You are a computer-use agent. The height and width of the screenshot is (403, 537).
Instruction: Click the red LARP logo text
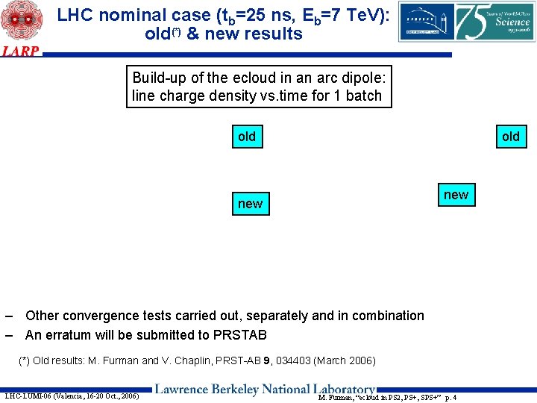tap(20, 51)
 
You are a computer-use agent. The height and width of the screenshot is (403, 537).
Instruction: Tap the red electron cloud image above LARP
tap(20, 21)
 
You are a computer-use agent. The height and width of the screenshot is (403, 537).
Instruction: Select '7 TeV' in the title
tap(357, 14)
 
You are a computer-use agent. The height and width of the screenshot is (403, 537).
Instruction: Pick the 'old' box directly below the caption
tap(246, 137)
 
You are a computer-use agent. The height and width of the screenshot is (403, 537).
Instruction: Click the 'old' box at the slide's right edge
tap(510, 137)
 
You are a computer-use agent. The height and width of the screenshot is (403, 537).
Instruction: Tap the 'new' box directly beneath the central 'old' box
tap(250, 204)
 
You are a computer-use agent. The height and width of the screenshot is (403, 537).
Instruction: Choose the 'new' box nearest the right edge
tap(456, 195)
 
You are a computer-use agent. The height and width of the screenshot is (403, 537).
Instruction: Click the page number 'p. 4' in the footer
tap(450, 397)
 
